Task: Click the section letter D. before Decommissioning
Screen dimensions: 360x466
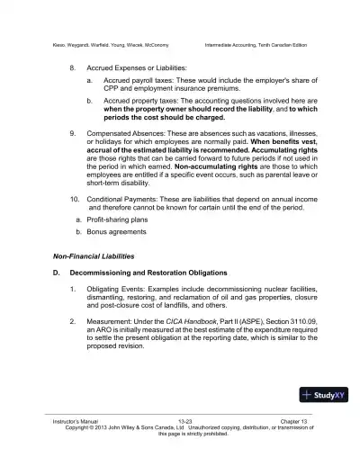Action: (56, 271)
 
